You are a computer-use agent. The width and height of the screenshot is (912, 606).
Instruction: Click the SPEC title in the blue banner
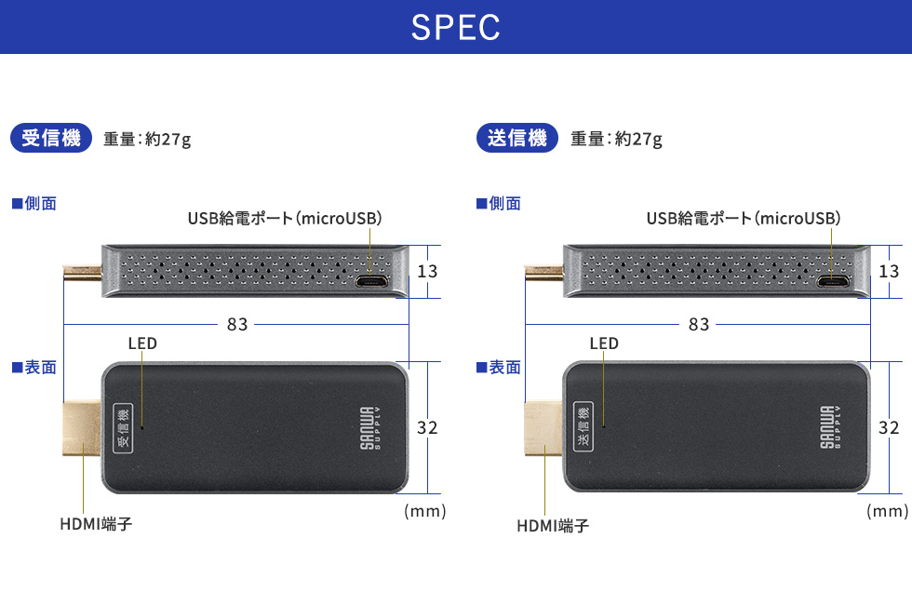456,28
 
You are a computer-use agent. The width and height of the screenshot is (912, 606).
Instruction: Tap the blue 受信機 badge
51,138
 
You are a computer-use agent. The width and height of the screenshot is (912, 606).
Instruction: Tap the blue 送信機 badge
516,138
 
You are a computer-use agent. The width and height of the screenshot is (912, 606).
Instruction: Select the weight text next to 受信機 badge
147,140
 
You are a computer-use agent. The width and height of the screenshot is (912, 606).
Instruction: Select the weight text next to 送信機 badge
616,140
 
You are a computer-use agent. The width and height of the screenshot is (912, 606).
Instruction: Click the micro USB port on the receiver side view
371,281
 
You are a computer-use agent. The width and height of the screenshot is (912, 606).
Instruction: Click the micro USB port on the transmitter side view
832,281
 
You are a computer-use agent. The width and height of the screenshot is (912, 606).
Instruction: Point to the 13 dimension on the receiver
427,271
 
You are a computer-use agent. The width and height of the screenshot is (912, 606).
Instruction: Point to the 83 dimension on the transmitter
699,324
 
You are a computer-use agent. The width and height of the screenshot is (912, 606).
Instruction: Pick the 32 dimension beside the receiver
427,428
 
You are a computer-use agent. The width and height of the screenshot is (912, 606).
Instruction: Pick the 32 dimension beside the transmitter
889,428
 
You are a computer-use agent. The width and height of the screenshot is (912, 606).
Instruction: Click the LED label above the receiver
142,343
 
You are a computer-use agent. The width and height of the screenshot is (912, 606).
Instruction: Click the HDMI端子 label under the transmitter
553,526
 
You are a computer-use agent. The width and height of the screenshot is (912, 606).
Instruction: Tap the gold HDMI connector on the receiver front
82,428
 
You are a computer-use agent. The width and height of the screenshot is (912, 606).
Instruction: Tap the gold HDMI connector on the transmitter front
543,428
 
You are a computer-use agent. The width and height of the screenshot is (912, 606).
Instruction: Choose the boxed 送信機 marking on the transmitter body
583,428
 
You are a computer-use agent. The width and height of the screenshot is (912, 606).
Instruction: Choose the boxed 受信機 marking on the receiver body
122,428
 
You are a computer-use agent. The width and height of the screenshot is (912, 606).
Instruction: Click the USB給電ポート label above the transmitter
744,219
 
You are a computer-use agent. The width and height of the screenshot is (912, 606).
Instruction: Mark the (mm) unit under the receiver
425,511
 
